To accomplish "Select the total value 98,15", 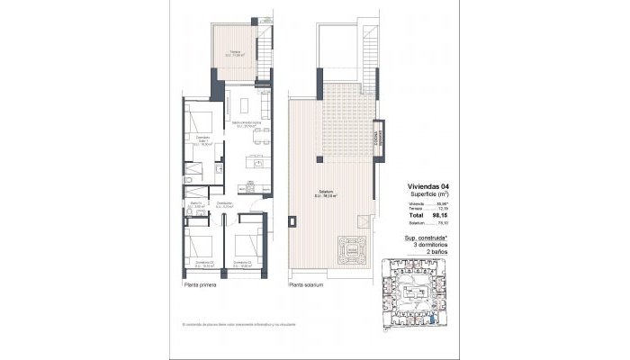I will point(440,217).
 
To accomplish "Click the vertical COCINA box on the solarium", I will point(380,132).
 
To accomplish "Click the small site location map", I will point(418,293).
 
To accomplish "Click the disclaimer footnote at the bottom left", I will point(238,324).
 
